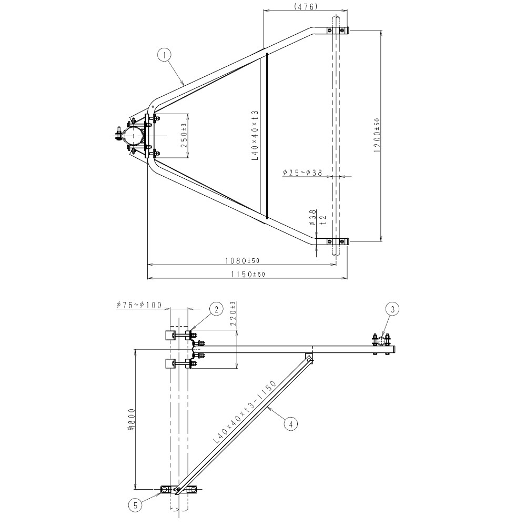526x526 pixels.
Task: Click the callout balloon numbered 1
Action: pos(165,54)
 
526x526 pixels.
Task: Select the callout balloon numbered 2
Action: pos(216,309)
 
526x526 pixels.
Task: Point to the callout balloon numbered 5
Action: pos(135,505)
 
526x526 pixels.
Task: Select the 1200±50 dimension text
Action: pos(377,135)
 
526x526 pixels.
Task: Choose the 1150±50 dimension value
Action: pos(247,274)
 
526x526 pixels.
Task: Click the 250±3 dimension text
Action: pos(184,135)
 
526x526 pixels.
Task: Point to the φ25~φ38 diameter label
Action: pos(302,173)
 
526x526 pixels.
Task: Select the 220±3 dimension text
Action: pos(234,315)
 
